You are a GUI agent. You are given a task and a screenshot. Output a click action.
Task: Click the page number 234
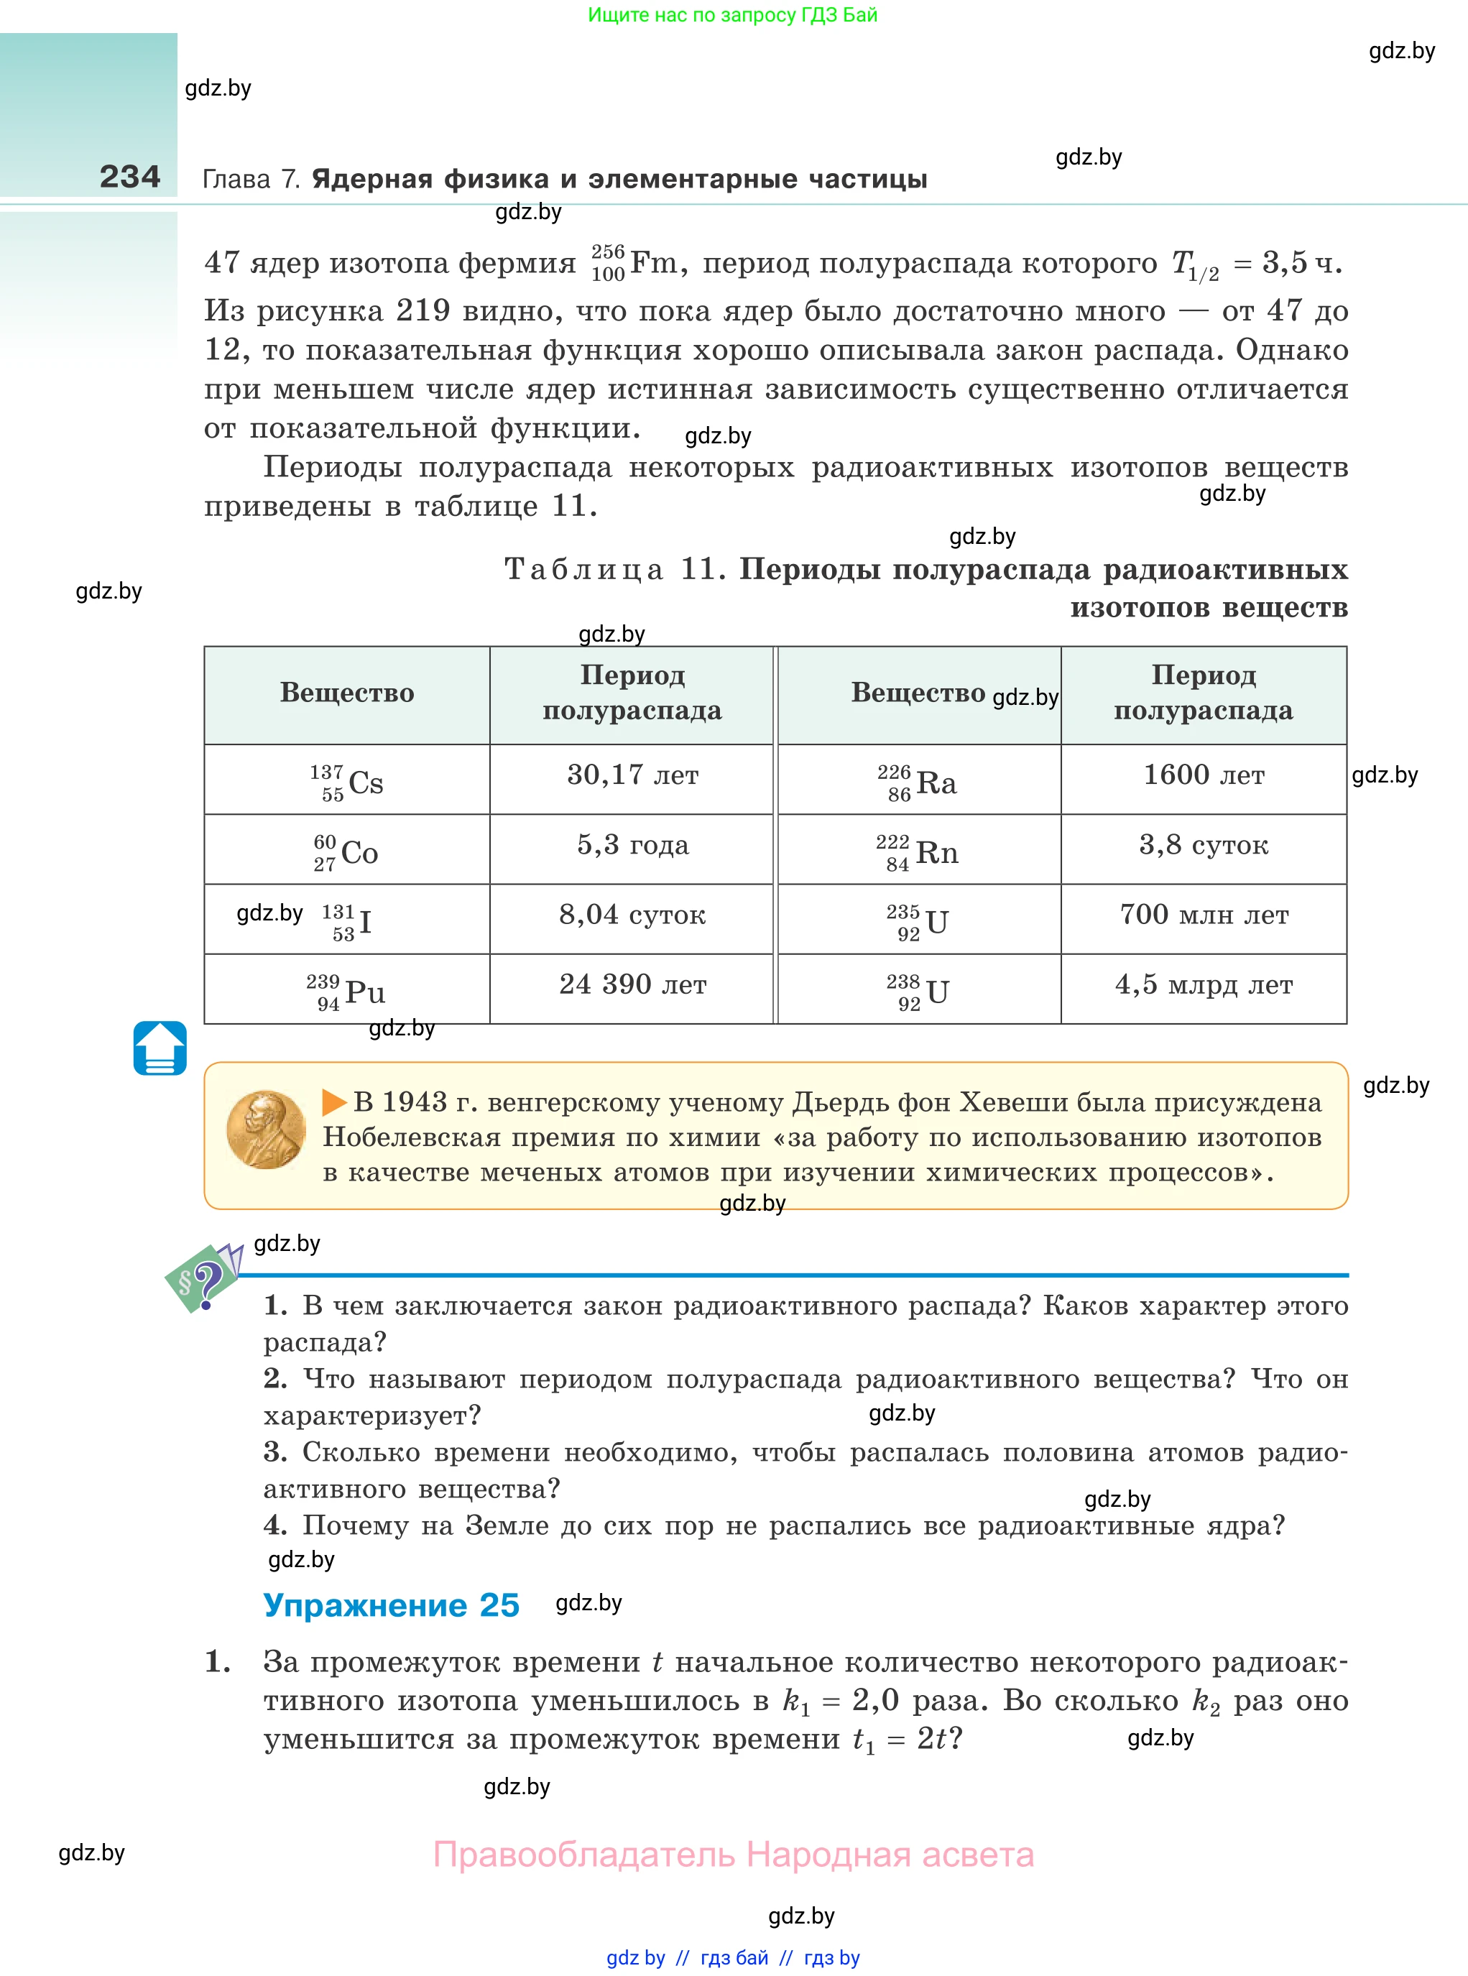(130, 177)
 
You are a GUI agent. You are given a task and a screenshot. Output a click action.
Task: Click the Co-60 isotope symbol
(346, 852)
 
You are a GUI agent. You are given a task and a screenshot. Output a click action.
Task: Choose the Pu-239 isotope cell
(346, 992)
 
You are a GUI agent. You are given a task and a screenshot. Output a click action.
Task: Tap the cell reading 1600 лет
(1204, 775)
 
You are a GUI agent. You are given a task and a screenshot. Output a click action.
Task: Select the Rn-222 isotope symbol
(918, 852)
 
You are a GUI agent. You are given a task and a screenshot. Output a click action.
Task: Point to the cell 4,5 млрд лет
(1204, 984)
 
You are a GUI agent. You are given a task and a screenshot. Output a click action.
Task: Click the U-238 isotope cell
(918, 992)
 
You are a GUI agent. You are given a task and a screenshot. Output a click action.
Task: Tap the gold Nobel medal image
(266, 1130)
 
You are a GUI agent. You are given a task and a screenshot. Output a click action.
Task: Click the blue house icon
(160, 1048)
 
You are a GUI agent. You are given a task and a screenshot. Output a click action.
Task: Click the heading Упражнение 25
(391, 1605)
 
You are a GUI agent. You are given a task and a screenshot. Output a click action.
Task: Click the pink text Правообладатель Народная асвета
(733, 1855)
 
